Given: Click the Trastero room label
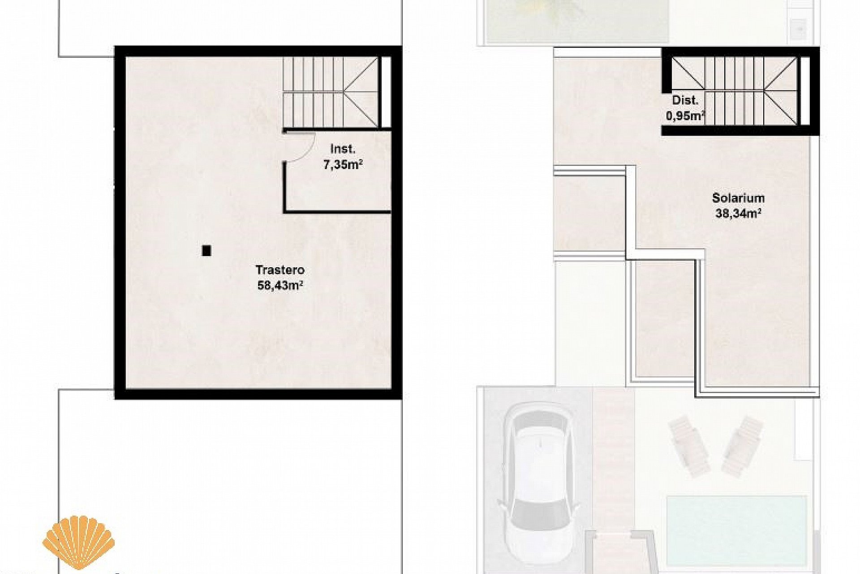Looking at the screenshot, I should pyautogui.click(x=280, y=270).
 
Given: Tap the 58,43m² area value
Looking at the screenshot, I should pyautogui.click(x=280, y=285).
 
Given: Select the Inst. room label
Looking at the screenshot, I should pyautogui.click(x=343, y=149).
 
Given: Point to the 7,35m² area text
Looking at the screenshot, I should pyautogui.click(x=343, y=165).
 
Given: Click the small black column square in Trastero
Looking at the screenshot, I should pyautogui.click(x=206, y=251).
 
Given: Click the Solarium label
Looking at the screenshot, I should pyautogui.click(x=738, y=198).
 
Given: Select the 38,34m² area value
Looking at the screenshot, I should pyautogui.click(x=738, y=213).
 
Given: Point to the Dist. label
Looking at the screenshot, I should pyautogui.click(x=685, y=100).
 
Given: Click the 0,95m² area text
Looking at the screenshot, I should pyautogui.click(x=685, y=116).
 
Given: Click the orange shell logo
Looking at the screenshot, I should pyautogui.click(x=78, y=543).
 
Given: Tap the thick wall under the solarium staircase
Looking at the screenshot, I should pyautogui.click(x=739, y=130).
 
